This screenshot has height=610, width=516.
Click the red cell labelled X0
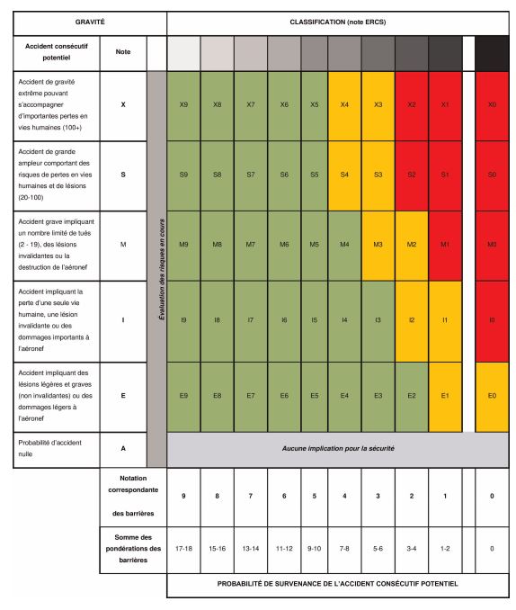pyautogui.click(x=491, y=105)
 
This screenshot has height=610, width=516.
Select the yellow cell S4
pyautogui.click(x=344, y=175)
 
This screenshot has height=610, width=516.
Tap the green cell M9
pyautogui.click(x=183, y=245)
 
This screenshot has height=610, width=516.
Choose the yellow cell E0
pyautogui.click(x=491, y=396)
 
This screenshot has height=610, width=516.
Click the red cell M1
pyautogui.click(x=445, y=245)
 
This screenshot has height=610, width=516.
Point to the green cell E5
pyautogui.click(x=314, y=396)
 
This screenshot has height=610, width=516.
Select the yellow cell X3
pyautogui.click(x=378, y=105)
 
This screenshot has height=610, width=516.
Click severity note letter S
pyautogui.click(x=122, y=175)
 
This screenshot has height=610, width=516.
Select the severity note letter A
pyautogui.click(x=122, y=448)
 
